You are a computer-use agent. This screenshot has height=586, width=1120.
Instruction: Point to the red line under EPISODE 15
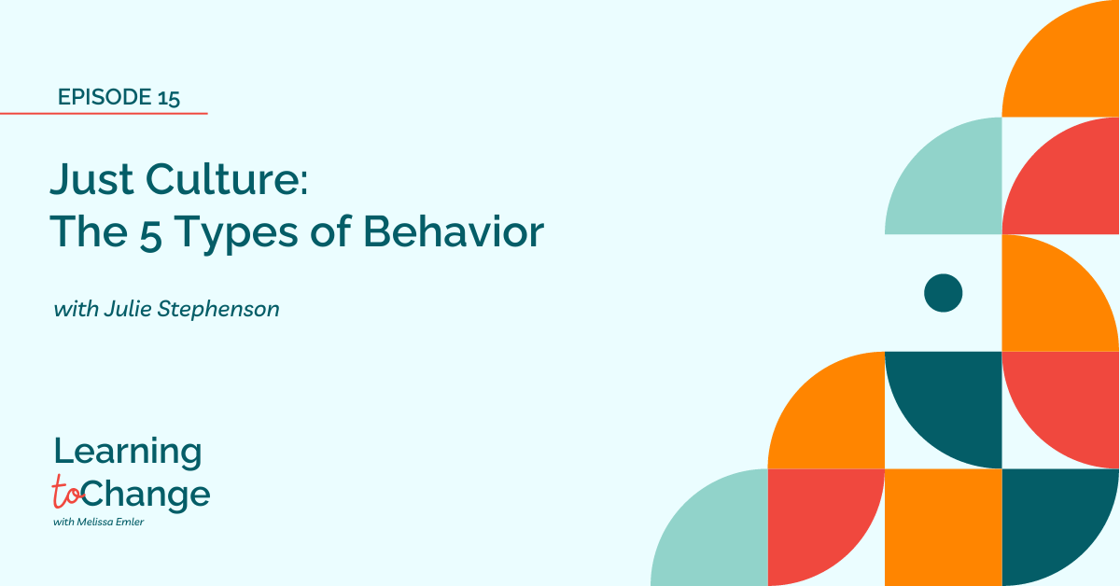pos(104,114)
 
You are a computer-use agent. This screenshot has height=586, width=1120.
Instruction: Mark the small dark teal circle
pos(943,293)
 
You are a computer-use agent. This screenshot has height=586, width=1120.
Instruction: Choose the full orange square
pos(943,527)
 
